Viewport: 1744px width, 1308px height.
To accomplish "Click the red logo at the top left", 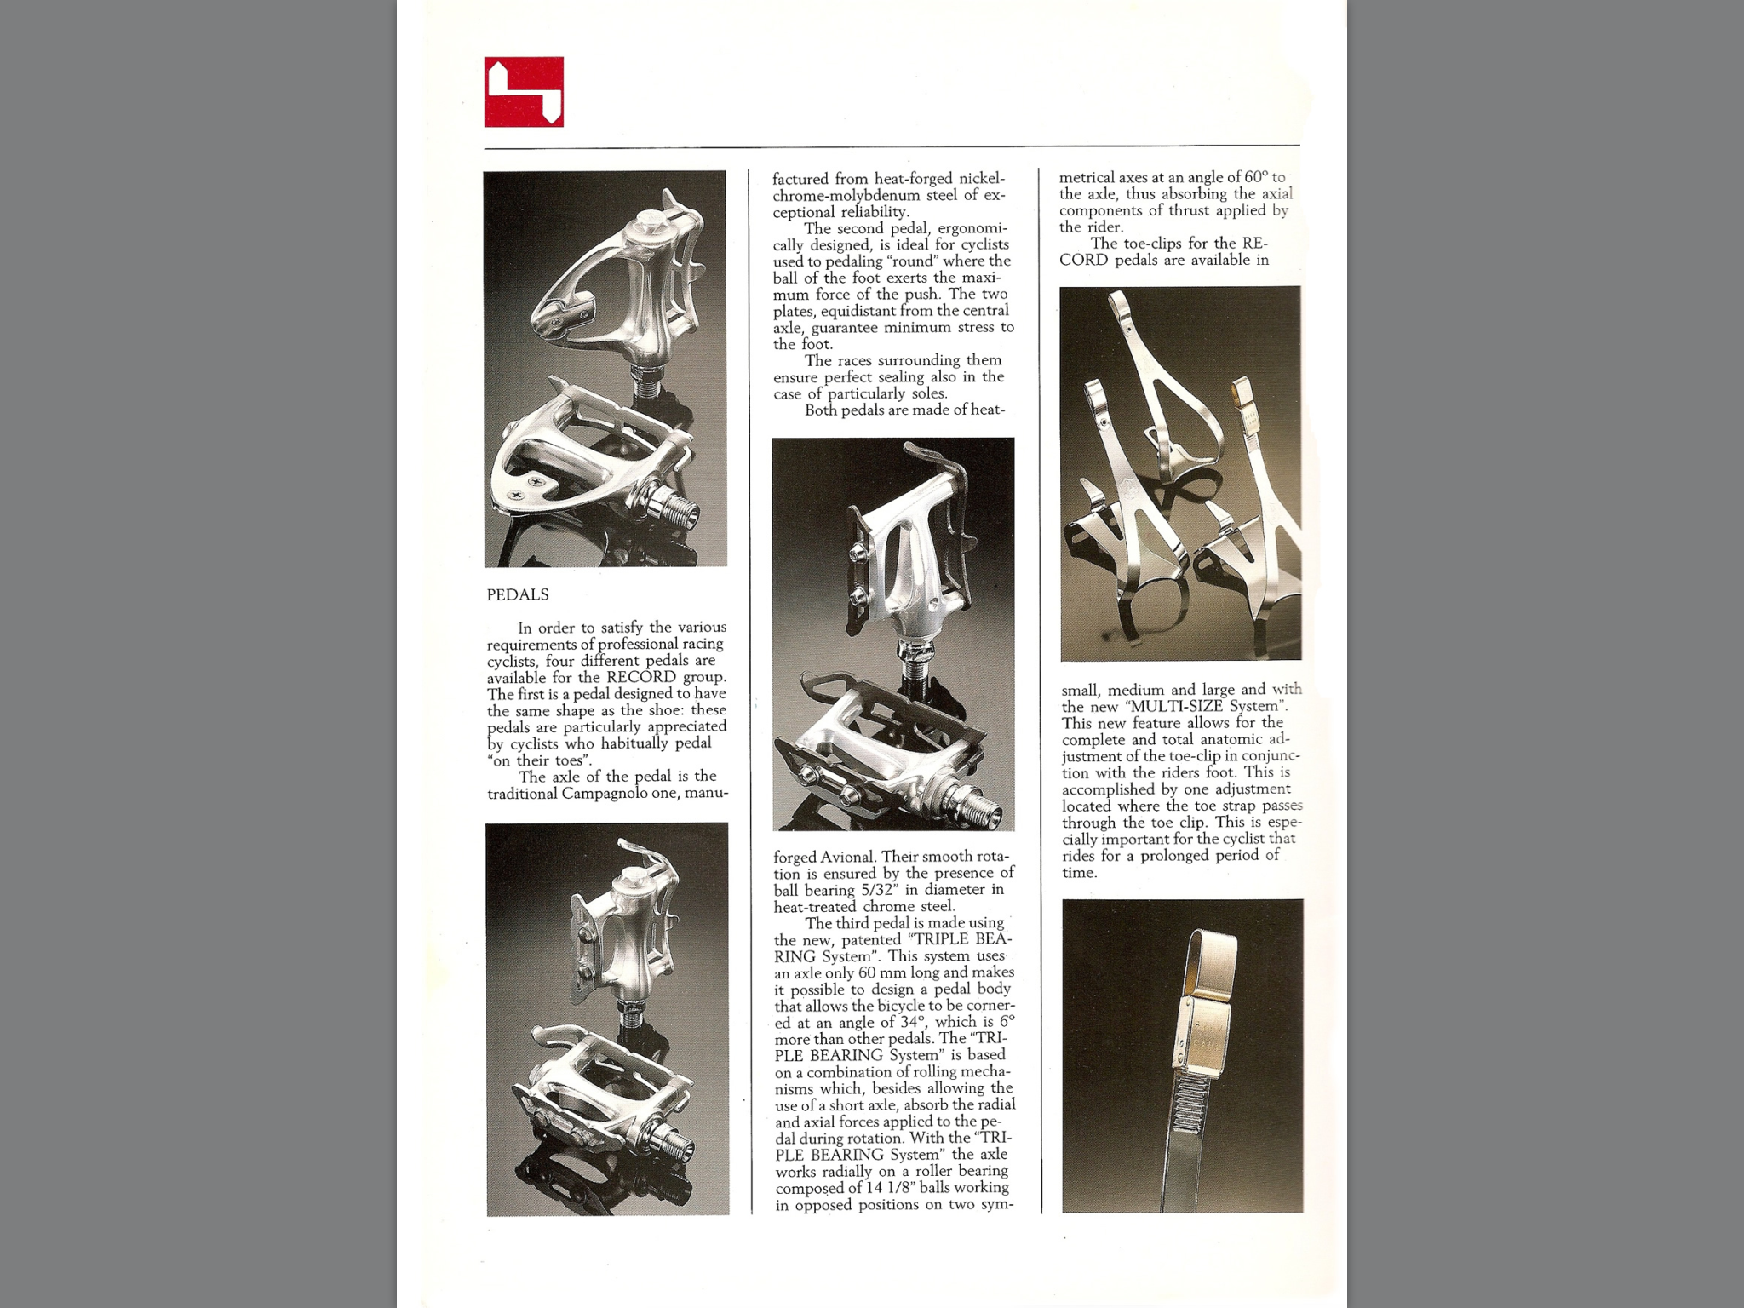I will click(x=524, y=92).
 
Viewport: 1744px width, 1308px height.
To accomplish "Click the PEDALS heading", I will click(x=518, y=594).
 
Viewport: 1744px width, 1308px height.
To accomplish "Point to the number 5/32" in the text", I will click(x=874, y=890).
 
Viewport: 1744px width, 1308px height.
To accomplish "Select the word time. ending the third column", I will click(x=1079, y=873).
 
